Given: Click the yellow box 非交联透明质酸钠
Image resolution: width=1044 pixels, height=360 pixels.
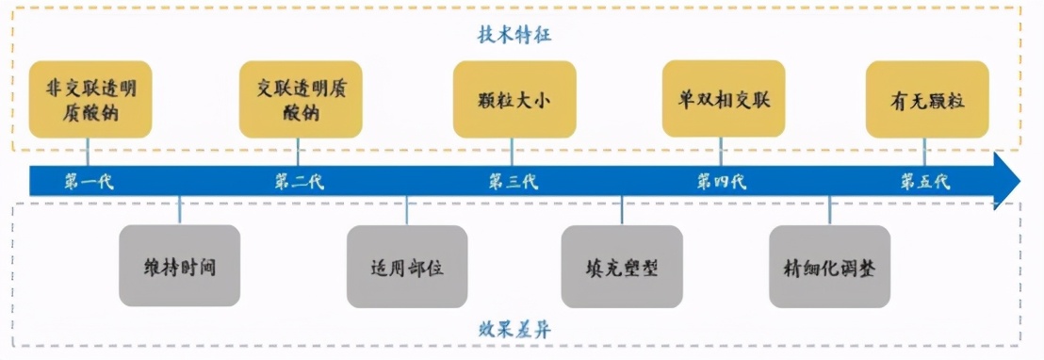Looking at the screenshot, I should click(x=90, y=99).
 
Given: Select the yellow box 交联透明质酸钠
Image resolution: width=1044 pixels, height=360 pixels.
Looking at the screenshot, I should click(x=301, y=99).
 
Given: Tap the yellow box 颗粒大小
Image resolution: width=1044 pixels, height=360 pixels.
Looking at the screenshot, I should click(x=514, y=99).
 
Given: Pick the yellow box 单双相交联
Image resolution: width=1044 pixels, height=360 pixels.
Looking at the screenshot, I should click(x=723, y=99).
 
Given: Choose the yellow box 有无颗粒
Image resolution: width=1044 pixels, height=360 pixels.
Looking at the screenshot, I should click(x=927, y=99).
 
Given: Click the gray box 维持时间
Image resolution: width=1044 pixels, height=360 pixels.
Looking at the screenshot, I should click(x=180, y=267).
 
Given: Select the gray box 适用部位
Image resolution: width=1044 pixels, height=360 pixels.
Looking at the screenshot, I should click(x=407, y=267).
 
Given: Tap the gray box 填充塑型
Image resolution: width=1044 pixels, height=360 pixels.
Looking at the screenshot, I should click(x=622, y=267).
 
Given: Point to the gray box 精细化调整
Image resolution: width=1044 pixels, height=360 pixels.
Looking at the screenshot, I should click(x=829, y=267).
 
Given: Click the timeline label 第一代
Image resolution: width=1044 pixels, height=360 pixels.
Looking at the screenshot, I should click(x=89, y=182).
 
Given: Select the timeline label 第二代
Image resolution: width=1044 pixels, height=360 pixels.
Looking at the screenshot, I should click(x=300, y=182).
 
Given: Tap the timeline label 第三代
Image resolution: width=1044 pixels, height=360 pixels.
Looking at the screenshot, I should click(x=513, y=182).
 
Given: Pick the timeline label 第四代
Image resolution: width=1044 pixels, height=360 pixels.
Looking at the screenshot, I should click(x=722, y=182).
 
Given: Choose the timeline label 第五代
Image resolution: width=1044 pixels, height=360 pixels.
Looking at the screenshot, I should click(x=924, y=182).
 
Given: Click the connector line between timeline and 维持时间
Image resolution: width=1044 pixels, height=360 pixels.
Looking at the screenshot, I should click(x=180, y=211).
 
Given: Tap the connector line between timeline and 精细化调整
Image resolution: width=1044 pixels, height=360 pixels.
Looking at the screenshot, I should click(x=829, y=211).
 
